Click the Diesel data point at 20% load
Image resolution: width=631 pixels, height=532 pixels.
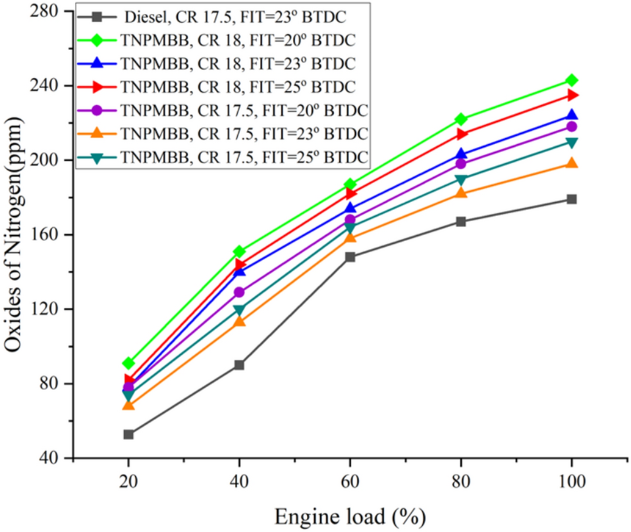click(x=128, y=434)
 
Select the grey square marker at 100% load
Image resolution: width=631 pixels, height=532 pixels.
click(x=571, y=199)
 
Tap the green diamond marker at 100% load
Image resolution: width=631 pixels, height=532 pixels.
click(x=571, y=80)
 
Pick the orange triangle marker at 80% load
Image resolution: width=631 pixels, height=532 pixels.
click(x=460, y=192)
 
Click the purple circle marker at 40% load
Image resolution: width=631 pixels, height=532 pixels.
click(x=239, y=292)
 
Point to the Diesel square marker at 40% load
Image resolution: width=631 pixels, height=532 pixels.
click(x=239, y=365)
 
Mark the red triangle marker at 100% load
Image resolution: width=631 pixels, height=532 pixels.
click(x=571, y=95)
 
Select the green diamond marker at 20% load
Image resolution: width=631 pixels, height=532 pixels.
click(x=128, y=363)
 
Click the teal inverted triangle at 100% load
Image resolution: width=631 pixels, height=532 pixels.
click(x=571, y=143)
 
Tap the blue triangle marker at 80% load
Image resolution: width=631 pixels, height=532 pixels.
click(x=460, y=155)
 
